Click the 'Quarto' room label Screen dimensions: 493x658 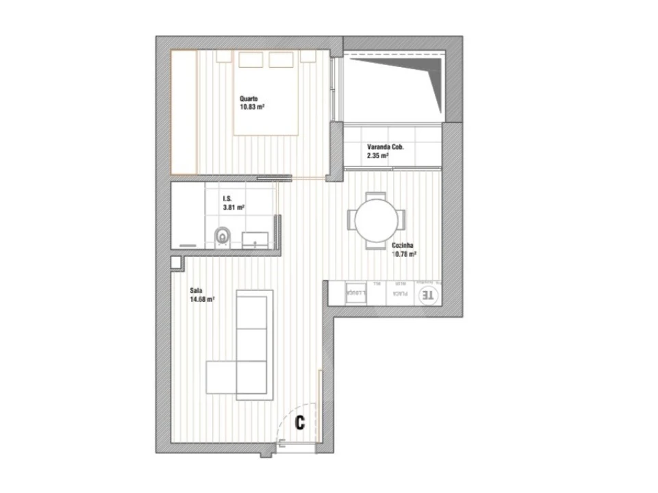point(248,99)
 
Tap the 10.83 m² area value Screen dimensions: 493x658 point(252,107)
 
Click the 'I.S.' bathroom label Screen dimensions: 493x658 point(226,199)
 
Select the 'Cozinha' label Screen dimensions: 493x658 point(402,245)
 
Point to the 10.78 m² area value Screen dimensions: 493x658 point(405,253)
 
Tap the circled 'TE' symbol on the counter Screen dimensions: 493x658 point(428,295)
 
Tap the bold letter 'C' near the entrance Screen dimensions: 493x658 point(299,423)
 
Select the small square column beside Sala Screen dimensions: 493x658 point(176,262)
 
